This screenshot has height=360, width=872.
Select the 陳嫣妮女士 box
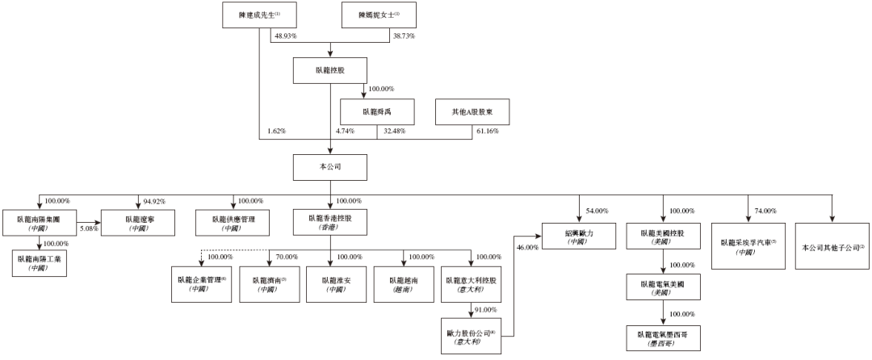click(x=371, y=15)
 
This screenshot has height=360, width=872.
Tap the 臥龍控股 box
click(x=330, y=70)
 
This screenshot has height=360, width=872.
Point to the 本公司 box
click(x=330, y=166)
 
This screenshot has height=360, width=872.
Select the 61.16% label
click(x=486, y=131)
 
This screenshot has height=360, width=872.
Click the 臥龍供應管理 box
click(x=233, y=222)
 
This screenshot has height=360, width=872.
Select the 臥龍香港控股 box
click(x=330, y=222)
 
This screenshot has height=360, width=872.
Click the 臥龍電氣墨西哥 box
click(x=663, y=337)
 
